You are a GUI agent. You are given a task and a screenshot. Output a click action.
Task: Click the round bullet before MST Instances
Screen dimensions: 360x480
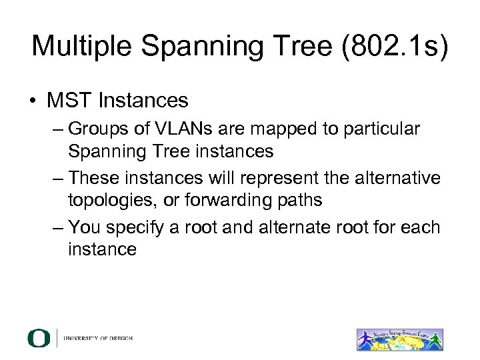coord(33,101)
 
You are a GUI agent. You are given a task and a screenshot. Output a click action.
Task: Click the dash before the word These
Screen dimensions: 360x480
coord(58,178)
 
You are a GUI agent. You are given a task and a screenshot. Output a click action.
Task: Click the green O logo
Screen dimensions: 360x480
coord(39,339)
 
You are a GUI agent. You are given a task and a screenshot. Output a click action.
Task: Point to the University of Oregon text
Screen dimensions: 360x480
coord(98,339)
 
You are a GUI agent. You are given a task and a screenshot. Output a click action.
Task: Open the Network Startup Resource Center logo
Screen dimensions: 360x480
coord(400,338)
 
